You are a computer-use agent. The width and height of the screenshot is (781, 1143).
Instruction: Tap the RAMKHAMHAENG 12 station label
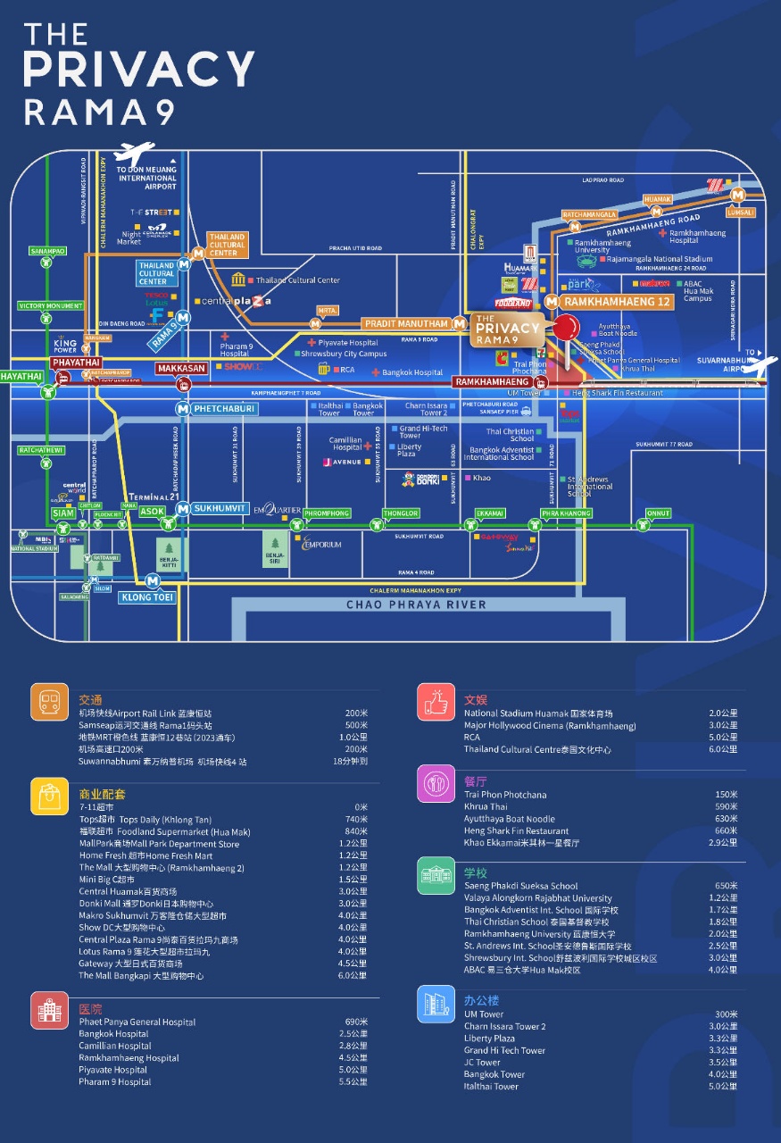click(618, 303)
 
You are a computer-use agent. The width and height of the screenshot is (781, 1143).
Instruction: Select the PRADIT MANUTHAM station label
click(406, 323)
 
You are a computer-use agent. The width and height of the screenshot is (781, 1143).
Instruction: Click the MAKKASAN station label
click(181, 369)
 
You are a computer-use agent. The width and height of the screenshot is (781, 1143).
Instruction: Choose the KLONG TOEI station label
click(148, 597)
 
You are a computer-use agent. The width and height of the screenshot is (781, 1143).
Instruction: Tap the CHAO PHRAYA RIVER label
click(417, 605)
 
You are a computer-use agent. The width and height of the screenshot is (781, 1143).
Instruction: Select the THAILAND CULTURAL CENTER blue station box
click(157, 271)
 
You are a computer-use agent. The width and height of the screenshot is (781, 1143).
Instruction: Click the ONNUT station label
click(658, 513)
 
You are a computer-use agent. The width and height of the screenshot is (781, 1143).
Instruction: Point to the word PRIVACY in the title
click(138, 70)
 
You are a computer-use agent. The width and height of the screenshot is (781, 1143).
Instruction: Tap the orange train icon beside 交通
click(49, 702)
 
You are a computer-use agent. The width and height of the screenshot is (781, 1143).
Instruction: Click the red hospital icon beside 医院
click(49, 1009)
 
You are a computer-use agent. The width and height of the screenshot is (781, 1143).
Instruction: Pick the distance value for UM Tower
click(727, 1014)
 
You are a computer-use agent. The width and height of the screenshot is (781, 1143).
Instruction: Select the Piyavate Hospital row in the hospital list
click(113, 1070)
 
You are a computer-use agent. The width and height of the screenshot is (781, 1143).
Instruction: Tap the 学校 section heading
click(476, 872)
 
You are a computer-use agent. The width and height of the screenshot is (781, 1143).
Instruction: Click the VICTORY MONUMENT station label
click(50, 306)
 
